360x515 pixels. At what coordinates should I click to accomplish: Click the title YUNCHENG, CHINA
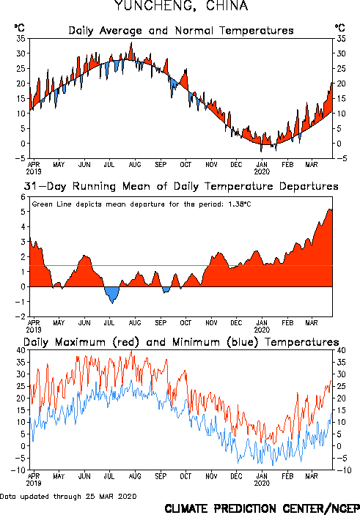[181, 6]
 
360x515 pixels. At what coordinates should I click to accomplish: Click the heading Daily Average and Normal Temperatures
[181, 31]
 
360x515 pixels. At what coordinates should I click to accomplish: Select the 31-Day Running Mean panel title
[181, 186]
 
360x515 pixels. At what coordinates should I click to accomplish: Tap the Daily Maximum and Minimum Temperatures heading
[181, 342]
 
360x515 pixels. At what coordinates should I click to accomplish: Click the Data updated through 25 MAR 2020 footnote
[68, 496]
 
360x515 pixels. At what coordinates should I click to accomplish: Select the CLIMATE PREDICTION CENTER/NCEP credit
[262, 508]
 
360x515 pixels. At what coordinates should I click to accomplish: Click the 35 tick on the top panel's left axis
[21, 38]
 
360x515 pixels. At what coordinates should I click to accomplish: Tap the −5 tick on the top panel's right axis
[342, 158]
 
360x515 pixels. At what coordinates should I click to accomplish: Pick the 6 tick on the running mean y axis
[23, 197]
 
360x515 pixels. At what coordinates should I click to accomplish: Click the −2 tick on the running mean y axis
[21, 316]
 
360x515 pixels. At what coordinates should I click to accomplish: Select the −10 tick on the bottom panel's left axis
[18, 470]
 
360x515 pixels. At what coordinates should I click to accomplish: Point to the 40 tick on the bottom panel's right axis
[341, 350]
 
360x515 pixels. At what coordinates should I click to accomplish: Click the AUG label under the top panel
[135, 164]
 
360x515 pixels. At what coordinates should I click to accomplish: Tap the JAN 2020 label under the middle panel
[262, 326]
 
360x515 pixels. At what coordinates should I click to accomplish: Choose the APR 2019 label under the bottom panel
[34, 480]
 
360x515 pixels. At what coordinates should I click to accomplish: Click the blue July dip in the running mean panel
[112, 294]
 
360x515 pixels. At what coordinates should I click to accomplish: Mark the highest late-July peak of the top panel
[131, 42]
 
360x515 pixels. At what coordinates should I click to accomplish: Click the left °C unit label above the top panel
[19, 28]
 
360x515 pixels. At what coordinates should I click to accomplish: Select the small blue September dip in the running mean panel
[166, 289]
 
